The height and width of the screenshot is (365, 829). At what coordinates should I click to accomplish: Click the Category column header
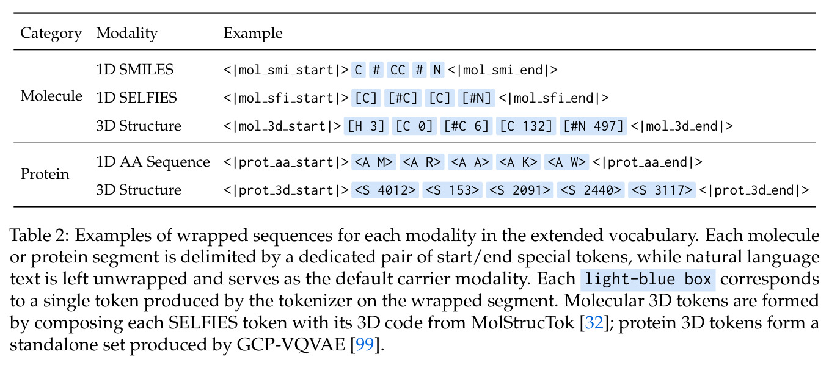pos(51,34)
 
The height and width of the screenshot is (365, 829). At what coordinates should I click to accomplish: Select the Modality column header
pos(127,34)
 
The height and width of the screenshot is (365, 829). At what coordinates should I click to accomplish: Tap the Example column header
pos(253,34)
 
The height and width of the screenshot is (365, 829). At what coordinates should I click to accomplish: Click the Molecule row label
pos(51,96)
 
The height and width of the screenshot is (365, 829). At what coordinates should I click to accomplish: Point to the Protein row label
pos(45,174)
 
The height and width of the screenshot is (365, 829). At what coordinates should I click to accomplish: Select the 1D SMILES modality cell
pos(135,70)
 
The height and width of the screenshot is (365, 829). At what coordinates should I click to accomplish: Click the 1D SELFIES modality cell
pos(137,98)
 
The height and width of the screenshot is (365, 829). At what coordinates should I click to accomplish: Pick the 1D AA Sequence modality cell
pos(153,162)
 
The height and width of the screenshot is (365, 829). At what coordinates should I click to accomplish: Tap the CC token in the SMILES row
pos(398,70)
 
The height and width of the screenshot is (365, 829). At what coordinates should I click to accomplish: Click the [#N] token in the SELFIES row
pos(477,98)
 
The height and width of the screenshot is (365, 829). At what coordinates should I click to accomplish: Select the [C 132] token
pos(526,126)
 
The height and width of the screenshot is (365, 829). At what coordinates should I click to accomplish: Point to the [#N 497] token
pos(593,126)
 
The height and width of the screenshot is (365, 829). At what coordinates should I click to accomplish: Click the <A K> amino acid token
pos(518,162)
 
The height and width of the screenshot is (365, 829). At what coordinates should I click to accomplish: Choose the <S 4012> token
pos(385,190)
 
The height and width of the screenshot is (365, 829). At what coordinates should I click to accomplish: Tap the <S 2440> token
pos(591,190)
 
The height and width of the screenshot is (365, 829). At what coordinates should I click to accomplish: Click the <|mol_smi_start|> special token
pos(286,70)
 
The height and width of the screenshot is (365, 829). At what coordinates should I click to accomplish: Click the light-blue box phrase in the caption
pos(648,280)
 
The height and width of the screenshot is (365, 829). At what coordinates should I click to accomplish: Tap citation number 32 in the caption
pos(594,323)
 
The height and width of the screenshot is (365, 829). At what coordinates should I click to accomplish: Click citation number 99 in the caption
pos(365,345)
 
